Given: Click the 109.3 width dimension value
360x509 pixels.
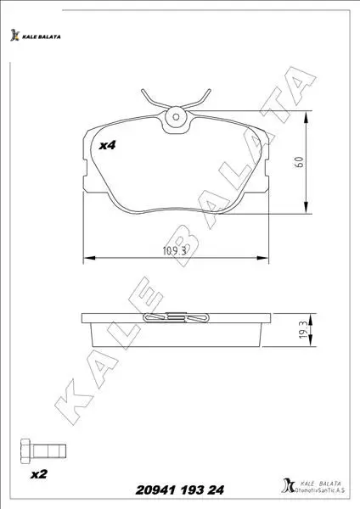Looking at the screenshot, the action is click(x=174, y=251).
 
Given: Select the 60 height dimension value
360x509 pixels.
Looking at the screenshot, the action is click(x=299, y=162).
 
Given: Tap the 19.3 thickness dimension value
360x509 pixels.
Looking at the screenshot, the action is click(x=302, y=330).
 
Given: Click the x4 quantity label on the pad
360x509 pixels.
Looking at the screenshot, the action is click(x=107, y=145).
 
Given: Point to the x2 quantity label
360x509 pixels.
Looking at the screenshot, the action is click(x=39, y=474).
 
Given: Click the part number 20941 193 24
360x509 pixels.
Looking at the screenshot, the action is click(x=180, y=490).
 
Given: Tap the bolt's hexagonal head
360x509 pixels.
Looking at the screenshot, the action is click(x=26, y=451).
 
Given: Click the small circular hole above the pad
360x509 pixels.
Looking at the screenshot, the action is click(x=176, y=116).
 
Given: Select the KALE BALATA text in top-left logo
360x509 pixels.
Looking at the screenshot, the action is click(x=42, y=37).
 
